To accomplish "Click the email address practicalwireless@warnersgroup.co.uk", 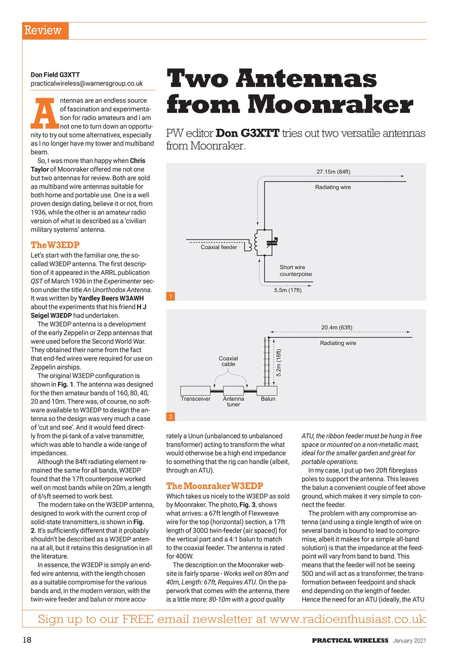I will click(x=86, y=83).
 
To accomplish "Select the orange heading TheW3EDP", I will click(x=55, y=244).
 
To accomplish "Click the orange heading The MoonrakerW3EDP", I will click(x=214, y=486).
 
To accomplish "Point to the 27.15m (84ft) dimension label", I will click(x=333, y=172).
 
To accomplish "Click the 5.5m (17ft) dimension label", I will click(x=288, y=290).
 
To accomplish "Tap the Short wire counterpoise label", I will click(x=295, y=270).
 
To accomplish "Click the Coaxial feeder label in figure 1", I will click(x=219, y=247).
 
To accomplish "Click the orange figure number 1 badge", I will click(x=170, y=296).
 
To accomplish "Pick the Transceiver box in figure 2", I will click(x=195, y=391).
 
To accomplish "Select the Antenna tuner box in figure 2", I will click(x=233, y=391).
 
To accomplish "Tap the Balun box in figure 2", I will click(x=267, y=391).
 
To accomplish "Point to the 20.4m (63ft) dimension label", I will click(x=336, y=327).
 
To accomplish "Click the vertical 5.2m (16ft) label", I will click(x=278, y=363).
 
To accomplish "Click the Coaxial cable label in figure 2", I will click(x=228, y=361).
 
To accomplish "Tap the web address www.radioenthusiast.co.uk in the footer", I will click(x=347, y=619).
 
